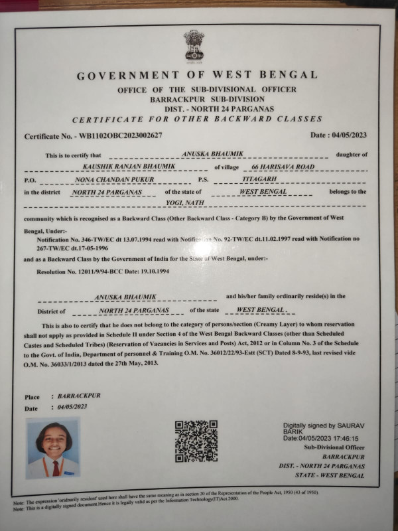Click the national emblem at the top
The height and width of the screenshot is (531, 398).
194,44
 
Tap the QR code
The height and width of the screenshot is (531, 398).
196,441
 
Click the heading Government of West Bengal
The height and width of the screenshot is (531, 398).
197,75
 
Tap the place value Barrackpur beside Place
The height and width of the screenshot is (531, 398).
79,396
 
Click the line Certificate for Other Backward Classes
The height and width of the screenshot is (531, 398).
197,119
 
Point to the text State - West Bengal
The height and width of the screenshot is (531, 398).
334,476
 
